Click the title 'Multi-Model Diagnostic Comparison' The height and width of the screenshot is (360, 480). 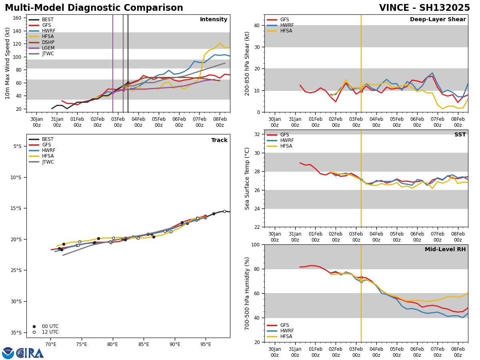tap(94, 8)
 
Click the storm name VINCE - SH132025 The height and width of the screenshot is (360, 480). tap(424, 8)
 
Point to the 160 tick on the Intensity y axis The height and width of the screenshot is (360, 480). tap(17, 18)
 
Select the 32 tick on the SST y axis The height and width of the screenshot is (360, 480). tap(257, 134)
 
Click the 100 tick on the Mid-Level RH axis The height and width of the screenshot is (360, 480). tap(255, 244)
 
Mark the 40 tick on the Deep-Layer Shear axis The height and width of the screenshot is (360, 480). tap(257, 25)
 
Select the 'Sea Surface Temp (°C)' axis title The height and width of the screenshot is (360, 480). tap(247, 178)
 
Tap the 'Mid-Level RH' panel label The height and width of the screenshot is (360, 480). tap(445, 250)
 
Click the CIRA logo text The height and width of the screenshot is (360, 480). tap(30, 353)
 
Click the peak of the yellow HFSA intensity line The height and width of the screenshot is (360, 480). tap(220, 43)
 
